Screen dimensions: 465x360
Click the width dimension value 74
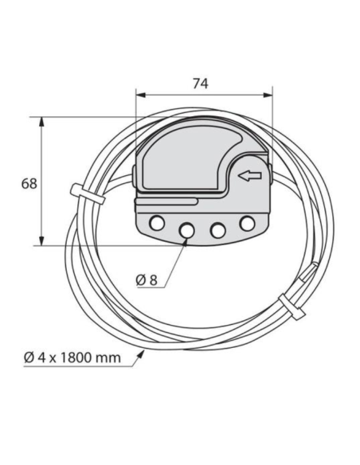click(202, 82)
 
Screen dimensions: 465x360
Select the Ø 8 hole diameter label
click(146, 279)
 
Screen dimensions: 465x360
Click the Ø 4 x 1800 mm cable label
click(72, 357)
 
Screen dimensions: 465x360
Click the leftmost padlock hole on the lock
click(158, 221)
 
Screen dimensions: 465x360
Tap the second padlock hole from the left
click(187, 230)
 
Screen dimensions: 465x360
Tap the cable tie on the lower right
click(290, 306)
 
